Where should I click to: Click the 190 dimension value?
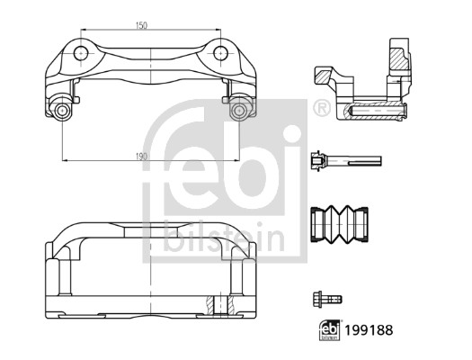coord(141,156)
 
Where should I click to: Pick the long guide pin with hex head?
coord(345,162)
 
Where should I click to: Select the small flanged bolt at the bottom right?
coord(326,299)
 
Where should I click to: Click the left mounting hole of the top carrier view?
coord(81,52)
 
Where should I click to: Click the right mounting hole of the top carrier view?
coord(219,52)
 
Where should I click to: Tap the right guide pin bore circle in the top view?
coord(238,111)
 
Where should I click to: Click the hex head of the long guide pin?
coord(316,162)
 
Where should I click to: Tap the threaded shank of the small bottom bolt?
coord(336,299)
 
